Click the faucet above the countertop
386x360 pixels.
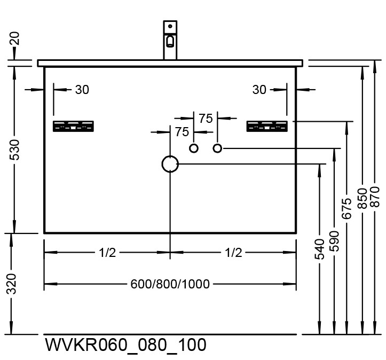170,41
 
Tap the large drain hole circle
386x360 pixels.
170,165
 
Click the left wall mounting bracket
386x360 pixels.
74,127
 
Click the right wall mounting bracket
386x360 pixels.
267,127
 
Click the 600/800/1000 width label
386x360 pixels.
170,284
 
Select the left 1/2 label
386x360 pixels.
107,253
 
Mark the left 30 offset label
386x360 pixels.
82,90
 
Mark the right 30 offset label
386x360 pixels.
259,90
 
